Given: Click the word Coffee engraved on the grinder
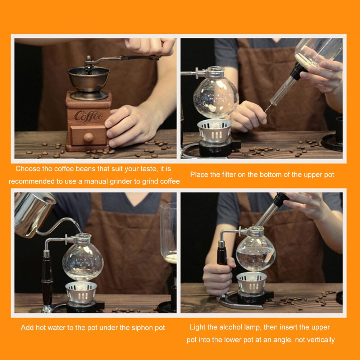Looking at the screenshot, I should click(88, 116).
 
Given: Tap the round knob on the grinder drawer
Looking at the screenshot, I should click(88, 137).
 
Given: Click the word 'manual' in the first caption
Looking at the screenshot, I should click(97, 182).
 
